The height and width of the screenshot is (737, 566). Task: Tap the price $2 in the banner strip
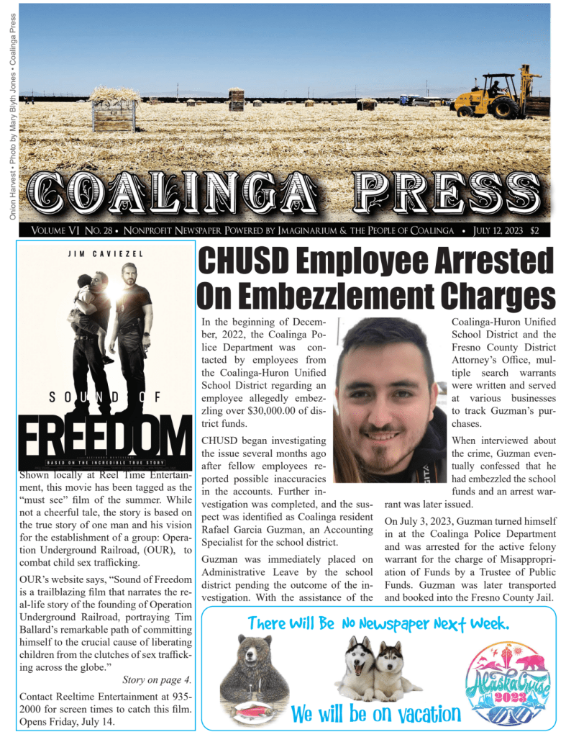click(535, 231)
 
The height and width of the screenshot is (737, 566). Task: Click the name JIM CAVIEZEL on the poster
click(106, 255)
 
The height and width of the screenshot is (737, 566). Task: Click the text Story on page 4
click(157, 679)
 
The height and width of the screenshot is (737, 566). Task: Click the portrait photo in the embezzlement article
click(391, 400)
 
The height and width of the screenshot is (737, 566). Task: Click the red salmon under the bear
click(254, 707)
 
